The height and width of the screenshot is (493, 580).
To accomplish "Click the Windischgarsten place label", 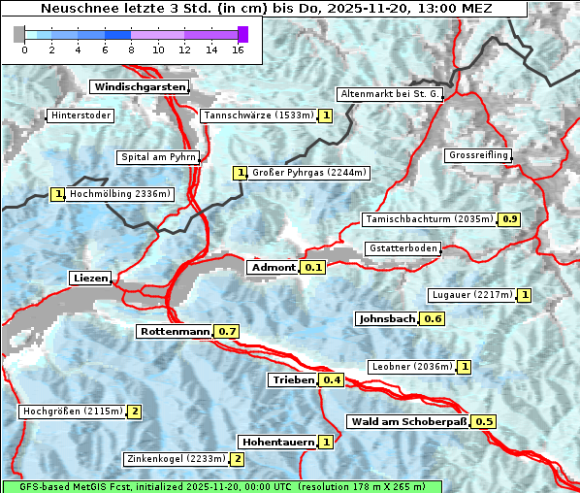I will (x=139, y=87).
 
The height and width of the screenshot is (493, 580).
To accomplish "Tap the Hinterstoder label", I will (x=81, y=116).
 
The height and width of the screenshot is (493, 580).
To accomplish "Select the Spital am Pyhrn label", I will (x=158, y=157).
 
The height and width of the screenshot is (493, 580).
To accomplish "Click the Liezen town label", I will (x=90, y=279).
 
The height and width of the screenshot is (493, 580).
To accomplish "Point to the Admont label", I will (x=272, y=268).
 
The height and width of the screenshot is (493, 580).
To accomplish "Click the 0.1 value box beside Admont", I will (x=312, y=268).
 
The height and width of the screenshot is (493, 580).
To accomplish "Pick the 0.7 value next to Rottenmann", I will (x=227, y=332).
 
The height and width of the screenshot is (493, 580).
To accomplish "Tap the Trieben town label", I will (x=292, y=380).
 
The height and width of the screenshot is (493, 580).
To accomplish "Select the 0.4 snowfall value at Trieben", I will (x=332, y=380).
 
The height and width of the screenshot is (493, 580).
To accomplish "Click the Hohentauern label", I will (x=277, y=443).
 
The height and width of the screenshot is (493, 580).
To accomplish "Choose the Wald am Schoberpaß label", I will (x=407, y=422).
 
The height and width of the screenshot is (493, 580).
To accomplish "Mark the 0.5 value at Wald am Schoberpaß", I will (x=484, y=422).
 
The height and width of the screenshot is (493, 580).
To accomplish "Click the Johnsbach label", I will (x=386, y=319).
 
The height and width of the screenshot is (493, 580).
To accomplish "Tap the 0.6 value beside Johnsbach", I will (x=433, y=319).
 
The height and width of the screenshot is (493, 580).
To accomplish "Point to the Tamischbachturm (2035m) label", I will (x=428, y=219).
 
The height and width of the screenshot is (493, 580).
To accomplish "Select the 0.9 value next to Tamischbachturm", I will (x=509, y=219).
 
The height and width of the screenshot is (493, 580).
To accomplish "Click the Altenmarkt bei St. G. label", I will (x=390, y=94).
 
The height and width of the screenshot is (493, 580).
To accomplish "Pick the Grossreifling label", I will (x=477, y=156).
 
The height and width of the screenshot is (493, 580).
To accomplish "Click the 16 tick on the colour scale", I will (x=238, y=49).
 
